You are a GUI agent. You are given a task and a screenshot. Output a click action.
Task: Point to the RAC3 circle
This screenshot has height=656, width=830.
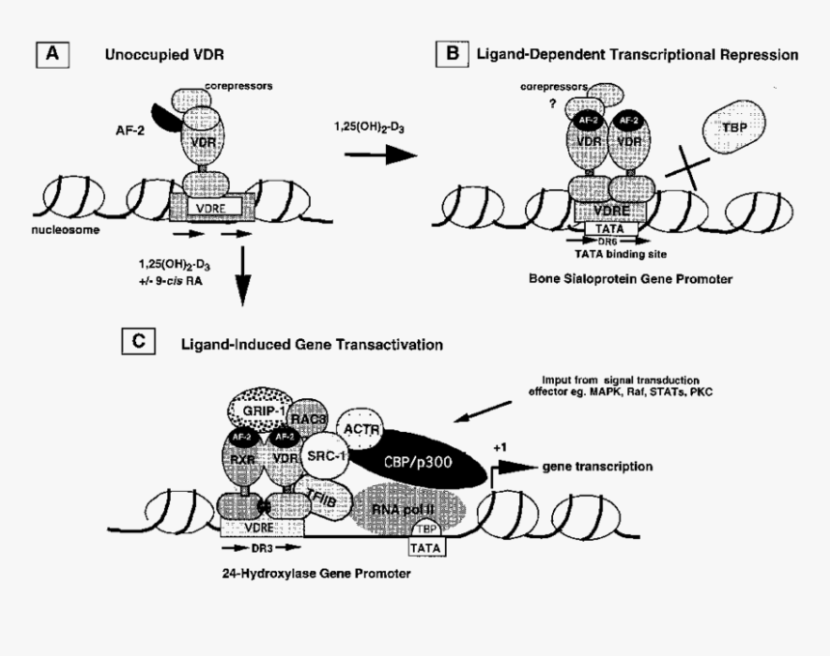(311, 416)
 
